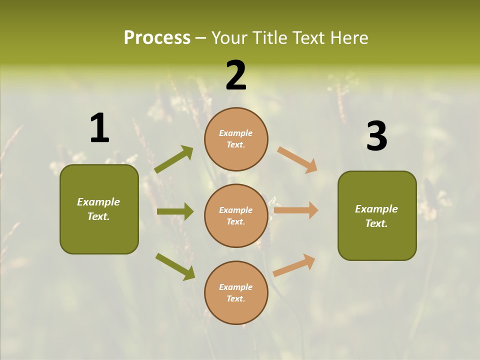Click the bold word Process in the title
157,38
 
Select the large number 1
99,128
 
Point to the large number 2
236,75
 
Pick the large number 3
376,136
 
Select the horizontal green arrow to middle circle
175,211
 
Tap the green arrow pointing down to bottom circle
175,266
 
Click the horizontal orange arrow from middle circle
296,210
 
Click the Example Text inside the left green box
98,209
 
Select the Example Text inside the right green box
376,216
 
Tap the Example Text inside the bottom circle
236,293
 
